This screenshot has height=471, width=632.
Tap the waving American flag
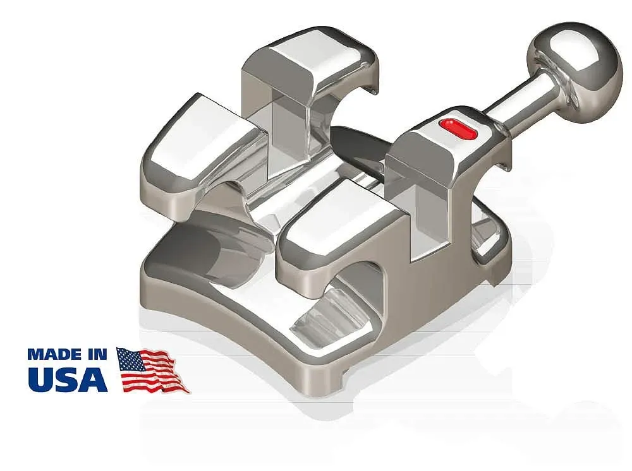(152, 370)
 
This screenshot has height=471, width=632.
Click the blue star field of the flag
(131, 359)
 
